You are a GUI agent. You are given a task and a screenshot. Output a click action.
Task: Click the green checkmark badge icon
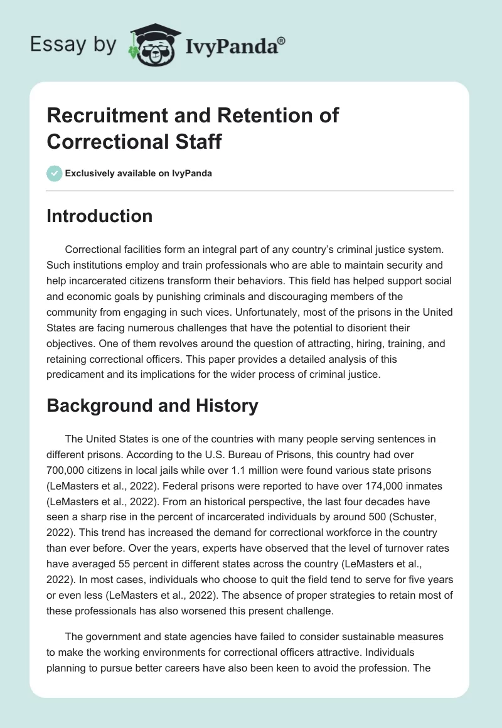[x=54, y=173]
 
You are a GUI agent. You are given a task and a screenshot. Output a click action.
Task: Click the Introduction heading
[x=99, y=216]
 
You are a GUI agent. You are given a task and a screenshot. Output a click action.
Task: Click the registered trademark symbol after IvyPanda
[x=282, y=40]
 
